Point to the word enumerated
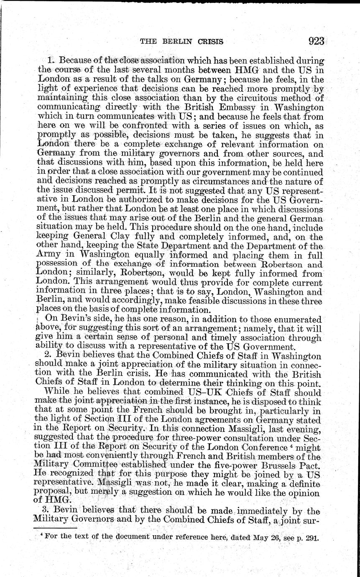(x=296, y=319)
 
